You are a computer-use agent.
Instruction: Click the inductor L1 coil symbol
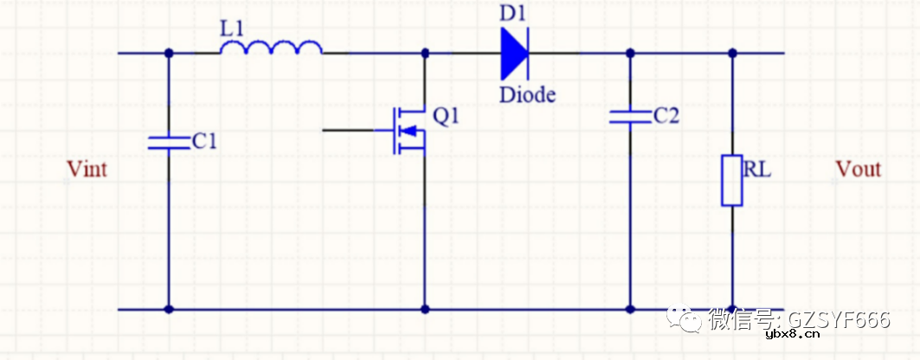tap(272, 49)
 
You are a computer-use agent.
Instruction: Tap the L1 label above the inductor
tap(233, 28)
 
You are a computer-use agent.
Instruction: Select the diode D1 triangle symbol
tap(514, 53)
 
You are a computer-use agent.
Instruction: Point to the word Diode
tap(527, 95)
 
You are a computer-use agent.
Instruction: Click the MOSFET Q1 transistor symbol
tap(409, 130)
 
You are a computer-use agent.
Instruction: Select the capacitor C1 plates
tap(169, 142)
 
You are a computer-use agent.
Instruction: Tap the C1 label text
tap(203, 141)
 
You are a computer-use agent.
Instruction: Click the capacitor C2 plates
tap(629, 116)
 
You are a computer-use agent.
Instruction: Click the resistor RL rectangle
tap(732, 180)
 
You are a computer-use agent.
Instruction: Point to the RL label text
tap(756, 170)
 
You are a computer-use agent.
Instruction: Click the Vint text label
tap(87, 170)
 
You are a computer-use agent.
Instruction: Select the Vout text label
tap(858, 170)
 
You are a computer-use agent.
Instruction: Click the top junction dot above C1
tap(169, 53)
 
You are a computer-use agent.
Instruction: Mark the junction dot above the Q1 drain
tap(425, 53)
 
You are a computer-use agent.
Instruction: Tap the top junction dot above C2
tap(629, 53)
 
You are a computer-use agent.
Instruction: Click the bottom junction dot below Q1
tap(425, 308)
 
